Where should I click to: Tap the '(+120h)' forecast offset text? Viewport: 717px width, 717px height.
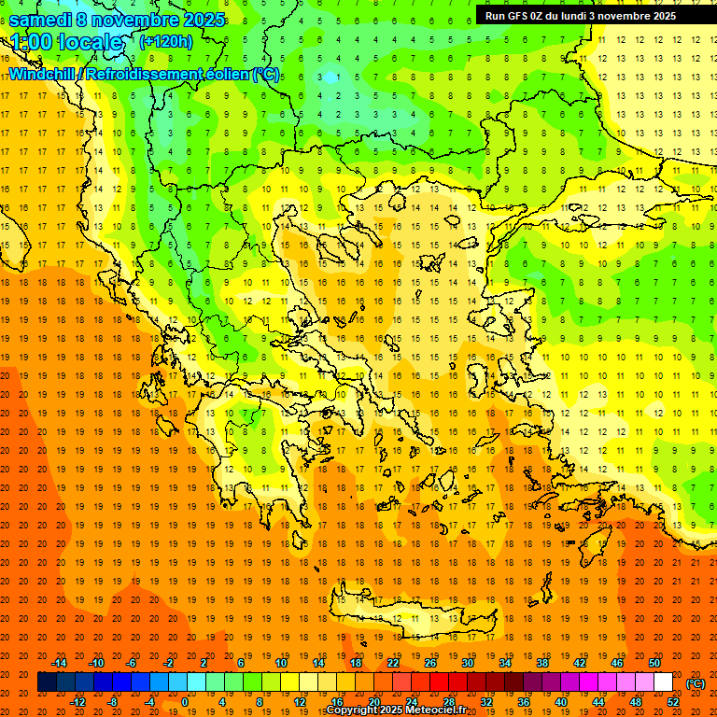click(x=165, y=41)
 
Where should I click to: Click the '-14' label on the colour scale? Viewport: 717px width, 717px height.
click(x=59, y=663)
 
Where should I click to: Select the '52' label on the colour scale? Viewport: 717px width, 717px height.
click(x=673, y=702)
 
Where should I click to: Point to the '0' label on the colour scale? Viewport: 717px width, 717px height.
click(x=185, y=702)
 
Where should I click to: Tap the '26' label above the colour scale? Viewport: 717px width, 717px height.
click(x=430, y=663)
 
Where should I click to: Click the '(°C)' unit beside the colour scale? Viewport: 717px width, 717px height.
click(x=696, y=683)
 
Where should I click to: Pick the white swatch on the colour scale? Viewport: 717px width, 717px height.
click(x=663, y=682)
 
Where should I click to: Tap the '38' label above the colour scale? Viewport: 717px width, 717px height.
click(x=542, y=663)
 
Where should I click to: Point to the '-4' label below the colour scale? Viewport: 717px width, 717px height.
click(x=148, y=702)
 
